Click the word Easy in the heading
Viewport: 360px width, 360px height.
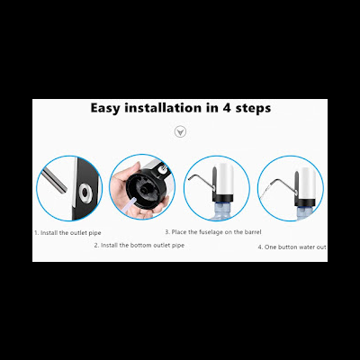(x=104, y=108)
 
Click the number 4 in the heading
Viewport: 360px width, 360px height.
(x=226, y=108)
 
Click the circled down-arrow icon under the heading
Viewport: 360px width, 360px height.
(x=180, y=131)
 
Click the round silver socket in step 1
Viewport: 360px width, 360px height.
(x=85, y=193)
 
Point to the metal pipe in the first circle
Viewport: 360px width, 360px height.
(x=55, y=180)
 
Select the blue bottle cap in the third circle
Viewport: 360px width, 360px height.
(x=222, y=208)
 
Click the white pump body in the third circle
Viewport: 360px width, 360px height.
(x=224, y=179)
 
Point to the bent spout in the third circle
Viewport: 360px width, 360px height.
(x=201, y=182)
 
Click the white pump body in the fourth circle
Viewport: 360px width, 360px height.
(x=307, y=184)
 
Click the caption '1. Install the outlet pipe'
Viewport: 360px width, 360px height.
(x=67, y=233)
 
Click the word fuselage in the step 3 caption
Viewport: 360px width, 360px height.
(x=212, y=232)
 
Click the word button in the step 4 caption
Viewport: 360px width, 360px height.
(x=288, y=247)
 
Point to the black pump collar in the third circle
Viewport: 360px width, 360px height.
(x=223, y=198)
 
